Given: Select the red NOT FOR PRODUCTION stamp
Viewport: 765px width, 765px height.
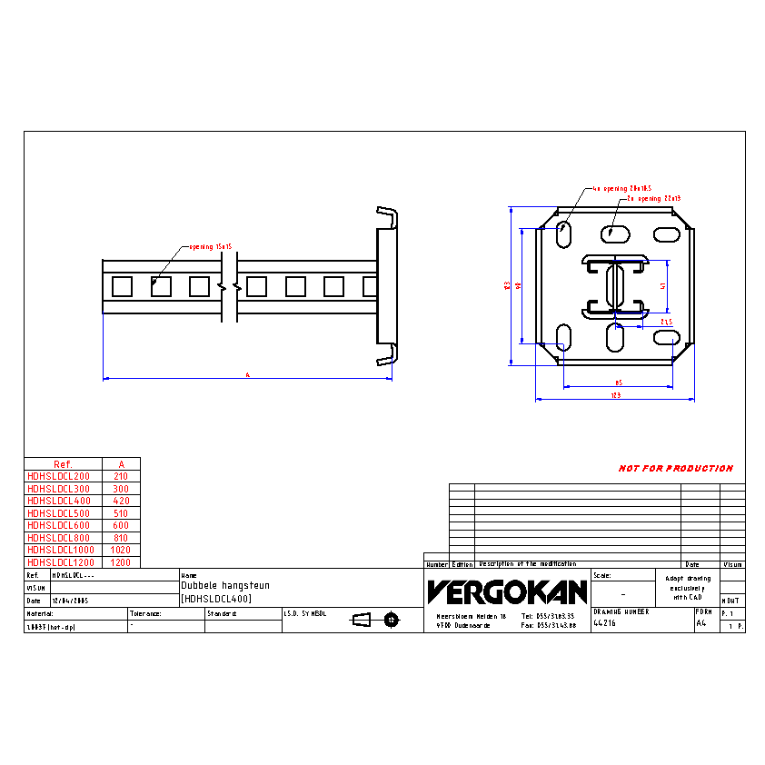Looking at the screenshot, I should coord(675,469).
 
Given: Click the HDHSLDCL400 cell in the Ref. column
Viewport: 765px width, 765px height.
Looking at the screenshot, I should coord(59,501).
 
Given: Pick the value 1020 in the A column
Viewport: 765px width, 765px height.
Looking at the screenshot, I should coord(121,550).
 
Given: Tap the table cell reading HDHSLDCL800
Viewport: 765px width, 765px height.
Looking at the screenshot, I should coord(59,538).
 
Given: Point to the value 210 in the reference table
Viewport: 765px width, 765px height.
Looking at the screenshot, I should coord(121,476).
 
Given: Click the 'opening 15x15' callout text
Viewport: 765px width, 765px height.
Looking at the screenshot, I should coord(212,247).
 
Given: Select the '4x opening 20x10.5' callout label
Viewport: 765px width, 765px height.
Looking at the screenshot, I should coord(622,189).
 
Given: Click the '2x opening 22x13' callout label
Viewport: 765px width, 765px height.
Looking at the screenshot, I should coord(653,198).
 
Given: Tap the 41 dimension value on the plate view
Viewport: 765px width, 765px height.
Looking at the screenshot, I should coord(664,285).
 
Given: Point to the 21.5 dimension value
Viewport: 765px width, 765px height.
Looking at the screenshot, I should coord(666,322).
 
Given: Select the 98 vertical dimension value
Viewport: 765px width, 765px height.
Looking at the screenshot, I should coord(518,284).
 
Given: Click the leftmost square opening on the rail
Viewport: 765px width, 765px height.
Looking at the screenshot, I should coord(122,287).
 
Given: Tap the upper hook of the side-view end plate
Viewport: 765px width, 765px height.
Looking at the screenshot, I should coord(389,218).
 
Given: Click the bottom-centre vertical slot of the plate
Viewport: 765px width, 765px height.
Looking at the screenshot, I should coord(615,339).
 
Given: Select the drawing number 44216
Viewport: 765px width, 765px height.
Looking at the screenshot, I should coord(603,623).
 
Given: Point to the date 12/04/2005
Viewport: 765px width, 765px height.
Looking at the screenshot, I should coord(69,601).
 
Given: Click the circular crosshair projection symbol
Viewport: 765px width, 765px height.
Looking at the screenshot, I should coord(392,620).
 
